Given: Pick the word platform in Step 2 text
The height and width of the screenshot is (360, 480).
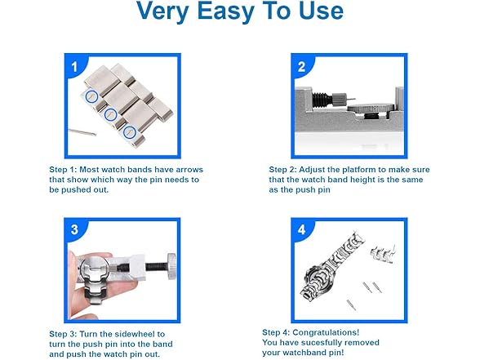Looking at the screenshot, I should pos(361,170).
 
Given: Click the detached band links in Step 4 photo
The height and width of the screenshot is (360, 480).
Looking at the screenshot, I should pos(383,256).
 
